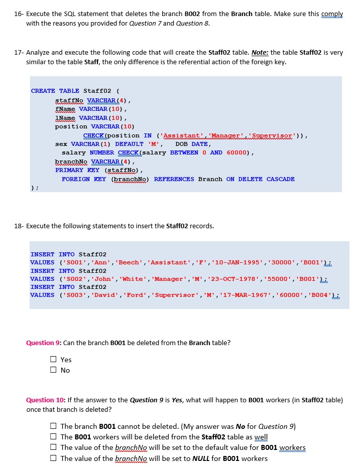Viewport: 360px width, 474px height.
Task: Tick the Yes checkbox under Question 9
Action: point(53,360)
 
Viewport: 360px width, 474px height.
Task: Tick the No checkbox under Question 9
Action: point(53,370)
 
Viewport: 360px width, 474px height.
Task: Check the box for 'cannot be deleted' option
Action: point(53,426)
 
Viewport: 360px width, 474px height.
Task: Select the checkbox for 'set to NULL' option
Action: point(53,458)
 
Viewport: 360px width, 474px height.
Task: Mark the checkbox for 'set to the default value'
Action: point(53,447)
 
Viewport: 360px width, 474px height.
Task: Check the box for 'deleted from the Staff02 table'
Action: point(53,437)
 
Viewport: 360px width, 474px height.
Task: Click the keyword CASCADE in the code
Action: point(280,179)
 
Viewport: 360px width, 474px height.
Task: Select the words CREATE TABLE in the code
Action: point(55,91)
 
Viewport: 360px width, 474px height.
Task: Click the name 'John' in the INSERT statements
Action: point(103,278)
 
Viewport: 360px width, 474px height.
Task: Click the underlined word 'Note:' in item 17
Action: point(259,52)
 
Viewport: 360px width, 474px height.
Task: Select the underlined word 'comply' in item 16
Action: point(332,14)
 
